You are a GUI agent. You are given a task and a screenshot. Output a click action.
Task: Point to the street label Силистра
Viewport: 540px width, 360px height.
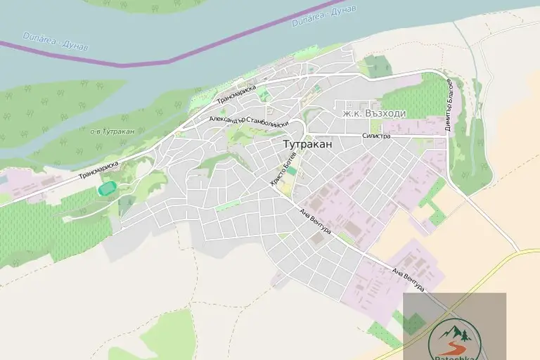click(376, 136)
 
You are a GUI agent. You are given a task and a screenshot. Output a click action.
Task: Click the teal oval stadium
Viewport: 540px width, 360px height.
click(107, 188)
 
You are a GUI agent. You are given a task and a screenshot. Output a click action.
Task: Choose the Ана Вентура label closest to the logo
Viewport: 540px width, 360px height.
click(409, 278)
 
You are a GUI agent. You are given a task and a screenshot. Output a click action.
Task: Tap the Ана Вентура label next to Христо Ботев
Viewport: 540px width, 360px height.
click(314, 223)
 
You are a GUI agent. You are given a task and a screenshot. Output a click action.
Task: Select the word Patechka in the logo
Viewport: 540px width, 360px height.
click(454, 356)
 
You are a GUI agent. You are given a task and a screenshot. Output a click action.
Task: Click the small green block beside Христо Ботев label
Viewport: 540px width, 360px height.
click(291, 171)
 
